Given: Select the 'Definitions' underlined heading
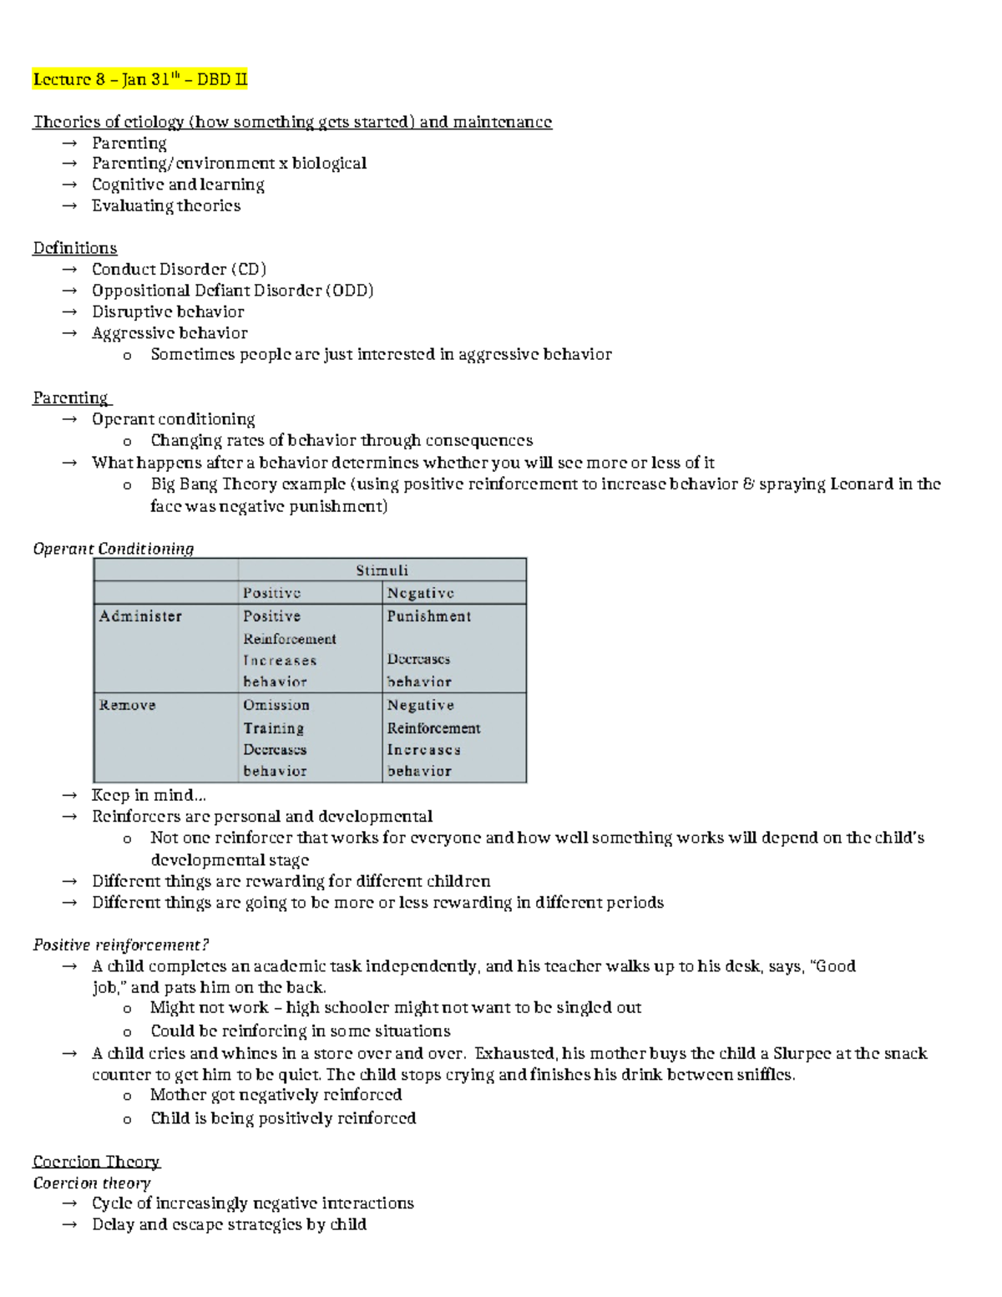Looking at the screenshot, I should [74, 248].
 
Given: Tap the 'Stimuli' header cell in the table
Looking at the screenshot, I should [382, 570].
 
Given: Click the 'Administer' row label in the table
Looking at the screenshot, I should [140, 616].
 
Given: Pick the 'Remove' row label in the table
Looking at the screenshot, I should [127, 705].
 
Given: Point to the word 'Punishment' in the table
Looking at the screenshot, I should [428, 616].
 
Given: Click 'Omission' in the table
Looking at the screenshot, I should [276, 705].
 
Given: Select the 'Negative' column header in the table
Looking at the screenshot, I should [420, 593].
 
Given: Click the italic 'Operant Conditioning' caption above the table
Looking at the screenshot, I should [114, 549].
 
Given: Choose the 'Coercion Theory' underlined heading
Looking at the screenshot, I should [96, 1162].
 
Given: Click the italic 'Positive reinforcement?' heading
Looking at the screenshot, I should [120, 945].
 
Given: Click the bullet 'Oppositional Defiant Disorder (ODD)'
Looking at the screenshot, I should [232, 291].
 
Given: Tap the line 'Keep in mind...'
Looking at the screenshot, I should [149, 795].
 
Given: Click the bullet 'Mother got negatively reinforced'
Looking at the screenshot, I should [276, 1095].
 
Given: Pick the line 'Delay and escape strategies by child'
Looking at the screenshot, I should [229, 1224].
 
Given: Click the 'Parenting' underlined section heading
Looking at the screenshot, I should [71, 398].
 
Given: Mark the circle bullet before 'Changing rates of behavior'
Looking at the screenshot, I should [127, 442].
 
